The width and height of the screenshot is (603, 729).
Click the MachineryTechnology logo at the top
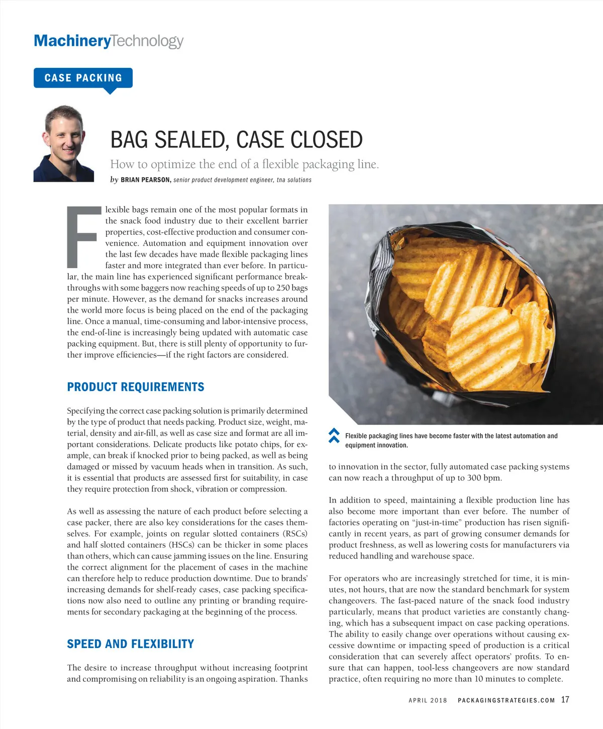click(109, 41)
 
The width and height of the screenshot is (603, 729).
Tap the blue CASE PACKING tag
click(83, 78)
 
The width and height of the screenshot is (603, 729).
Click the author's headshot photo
click(64, 144)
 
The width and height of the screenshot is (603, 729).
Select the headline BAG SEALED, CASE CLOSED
click(236, 140)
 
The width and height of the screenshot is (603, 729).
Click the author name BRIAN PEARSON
click(146, 180)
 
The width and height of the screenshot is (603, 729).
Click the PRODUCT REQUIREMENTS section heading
click(136, 387)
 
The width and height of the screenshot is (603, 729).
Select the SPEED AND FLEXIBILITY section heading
click(131, 644)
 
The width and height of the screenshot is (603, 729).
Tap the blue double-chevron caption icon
click(334, 435)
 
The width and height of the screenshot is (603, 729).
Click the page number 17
click(565, 699)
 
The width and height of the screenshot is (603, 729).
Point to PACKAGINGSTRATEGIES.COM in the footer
click(506, 700)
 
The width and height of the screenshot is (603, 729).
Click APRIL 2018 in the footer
click(428, 700)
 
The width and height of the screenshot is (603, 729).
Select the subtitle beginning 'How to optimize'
click(244, 164)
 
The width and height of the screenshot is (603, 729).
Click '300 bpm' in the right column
click(483, 478)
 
